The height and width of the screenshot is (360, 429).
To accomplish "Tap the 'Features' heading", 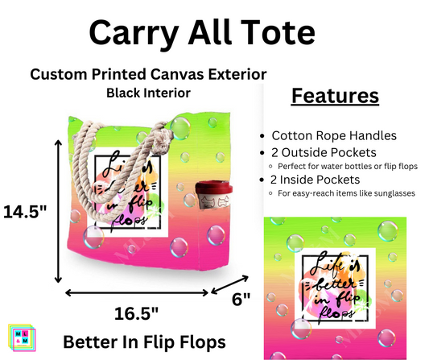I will (x=334, y=96).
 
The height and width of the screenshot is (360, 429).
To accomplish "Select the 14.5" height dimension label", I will (x=25, y=213).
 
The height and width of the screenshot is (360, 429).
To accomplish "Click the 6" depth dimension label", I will (x=241, y=298).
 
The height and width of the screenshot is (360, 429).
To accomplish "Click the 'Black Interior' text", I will (x=147, y=93).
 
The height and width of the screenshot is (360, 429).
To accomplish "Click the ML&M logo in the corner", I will (x=17, y=339).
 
